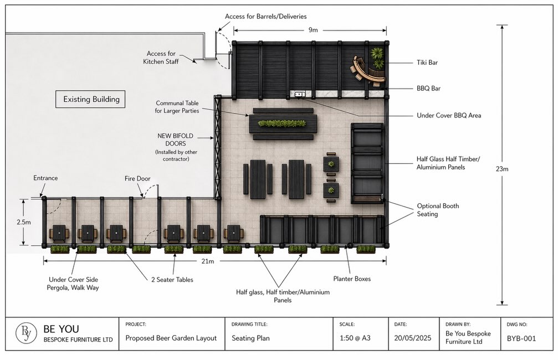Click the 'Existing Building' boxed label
coord(90,99)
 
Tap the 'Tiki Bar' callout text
coord(427,63)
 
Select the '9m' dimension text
coord(313,30)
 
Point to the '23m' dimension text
coord(502,169)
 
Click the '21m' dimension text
coord(208,261)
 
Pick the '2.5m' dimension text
coord(23,222)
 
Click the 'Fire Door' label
coord(137,178)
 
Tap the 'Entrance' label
coord(45,178)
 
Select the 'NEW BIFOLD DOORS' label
coord(176,140)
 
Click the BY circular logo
coord(26,333)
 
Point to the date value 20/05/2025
coord(412,338)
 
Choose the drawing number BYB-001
coord(521,338)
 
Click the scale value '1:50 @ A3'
coord(355,338)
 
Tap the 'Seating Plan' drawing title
coord(250,338)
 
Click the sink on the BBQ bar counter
coord(300,94)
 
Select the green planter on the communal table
coord(282,124)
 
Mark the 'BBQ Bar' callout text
coord(428,88)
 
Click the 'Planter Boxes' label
coord(352,279)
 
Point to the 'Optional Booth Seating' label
coord(438,210)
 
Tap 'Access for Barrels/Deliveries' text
coord(266,17)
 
